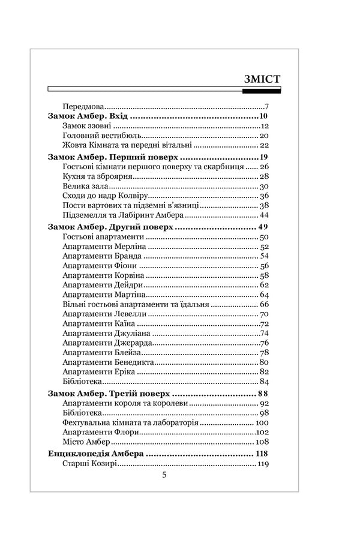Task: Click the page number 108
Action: pyautogui.click(x=262, y=441)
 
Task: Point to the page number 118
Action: pyautogui.click(x=262, y=453)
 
